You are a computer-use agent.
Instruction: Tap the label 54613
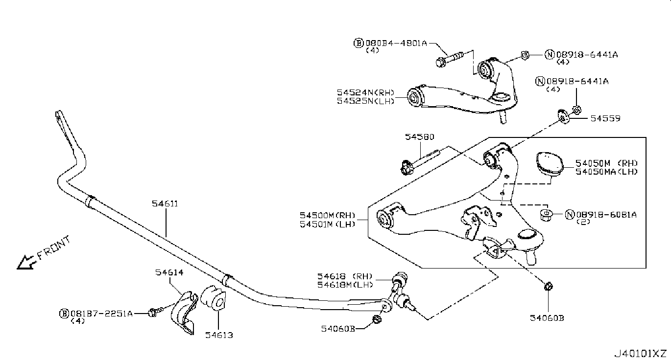point(219,335)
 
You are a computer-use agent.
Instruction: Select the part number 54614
point(169,273)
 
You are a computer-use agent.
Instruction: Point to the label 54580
point(419,137)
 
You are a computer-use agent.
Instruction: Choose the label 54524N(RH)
point(364,92)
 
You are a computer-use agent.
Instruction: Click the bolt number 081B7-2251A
point(100,313)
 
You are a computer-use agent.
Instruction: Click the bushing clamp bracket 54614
point(182,313)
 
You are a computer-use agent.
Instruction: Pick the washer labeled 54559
point(563,117)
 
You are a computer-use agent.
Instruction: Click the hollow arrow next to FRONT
point(25,263)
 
